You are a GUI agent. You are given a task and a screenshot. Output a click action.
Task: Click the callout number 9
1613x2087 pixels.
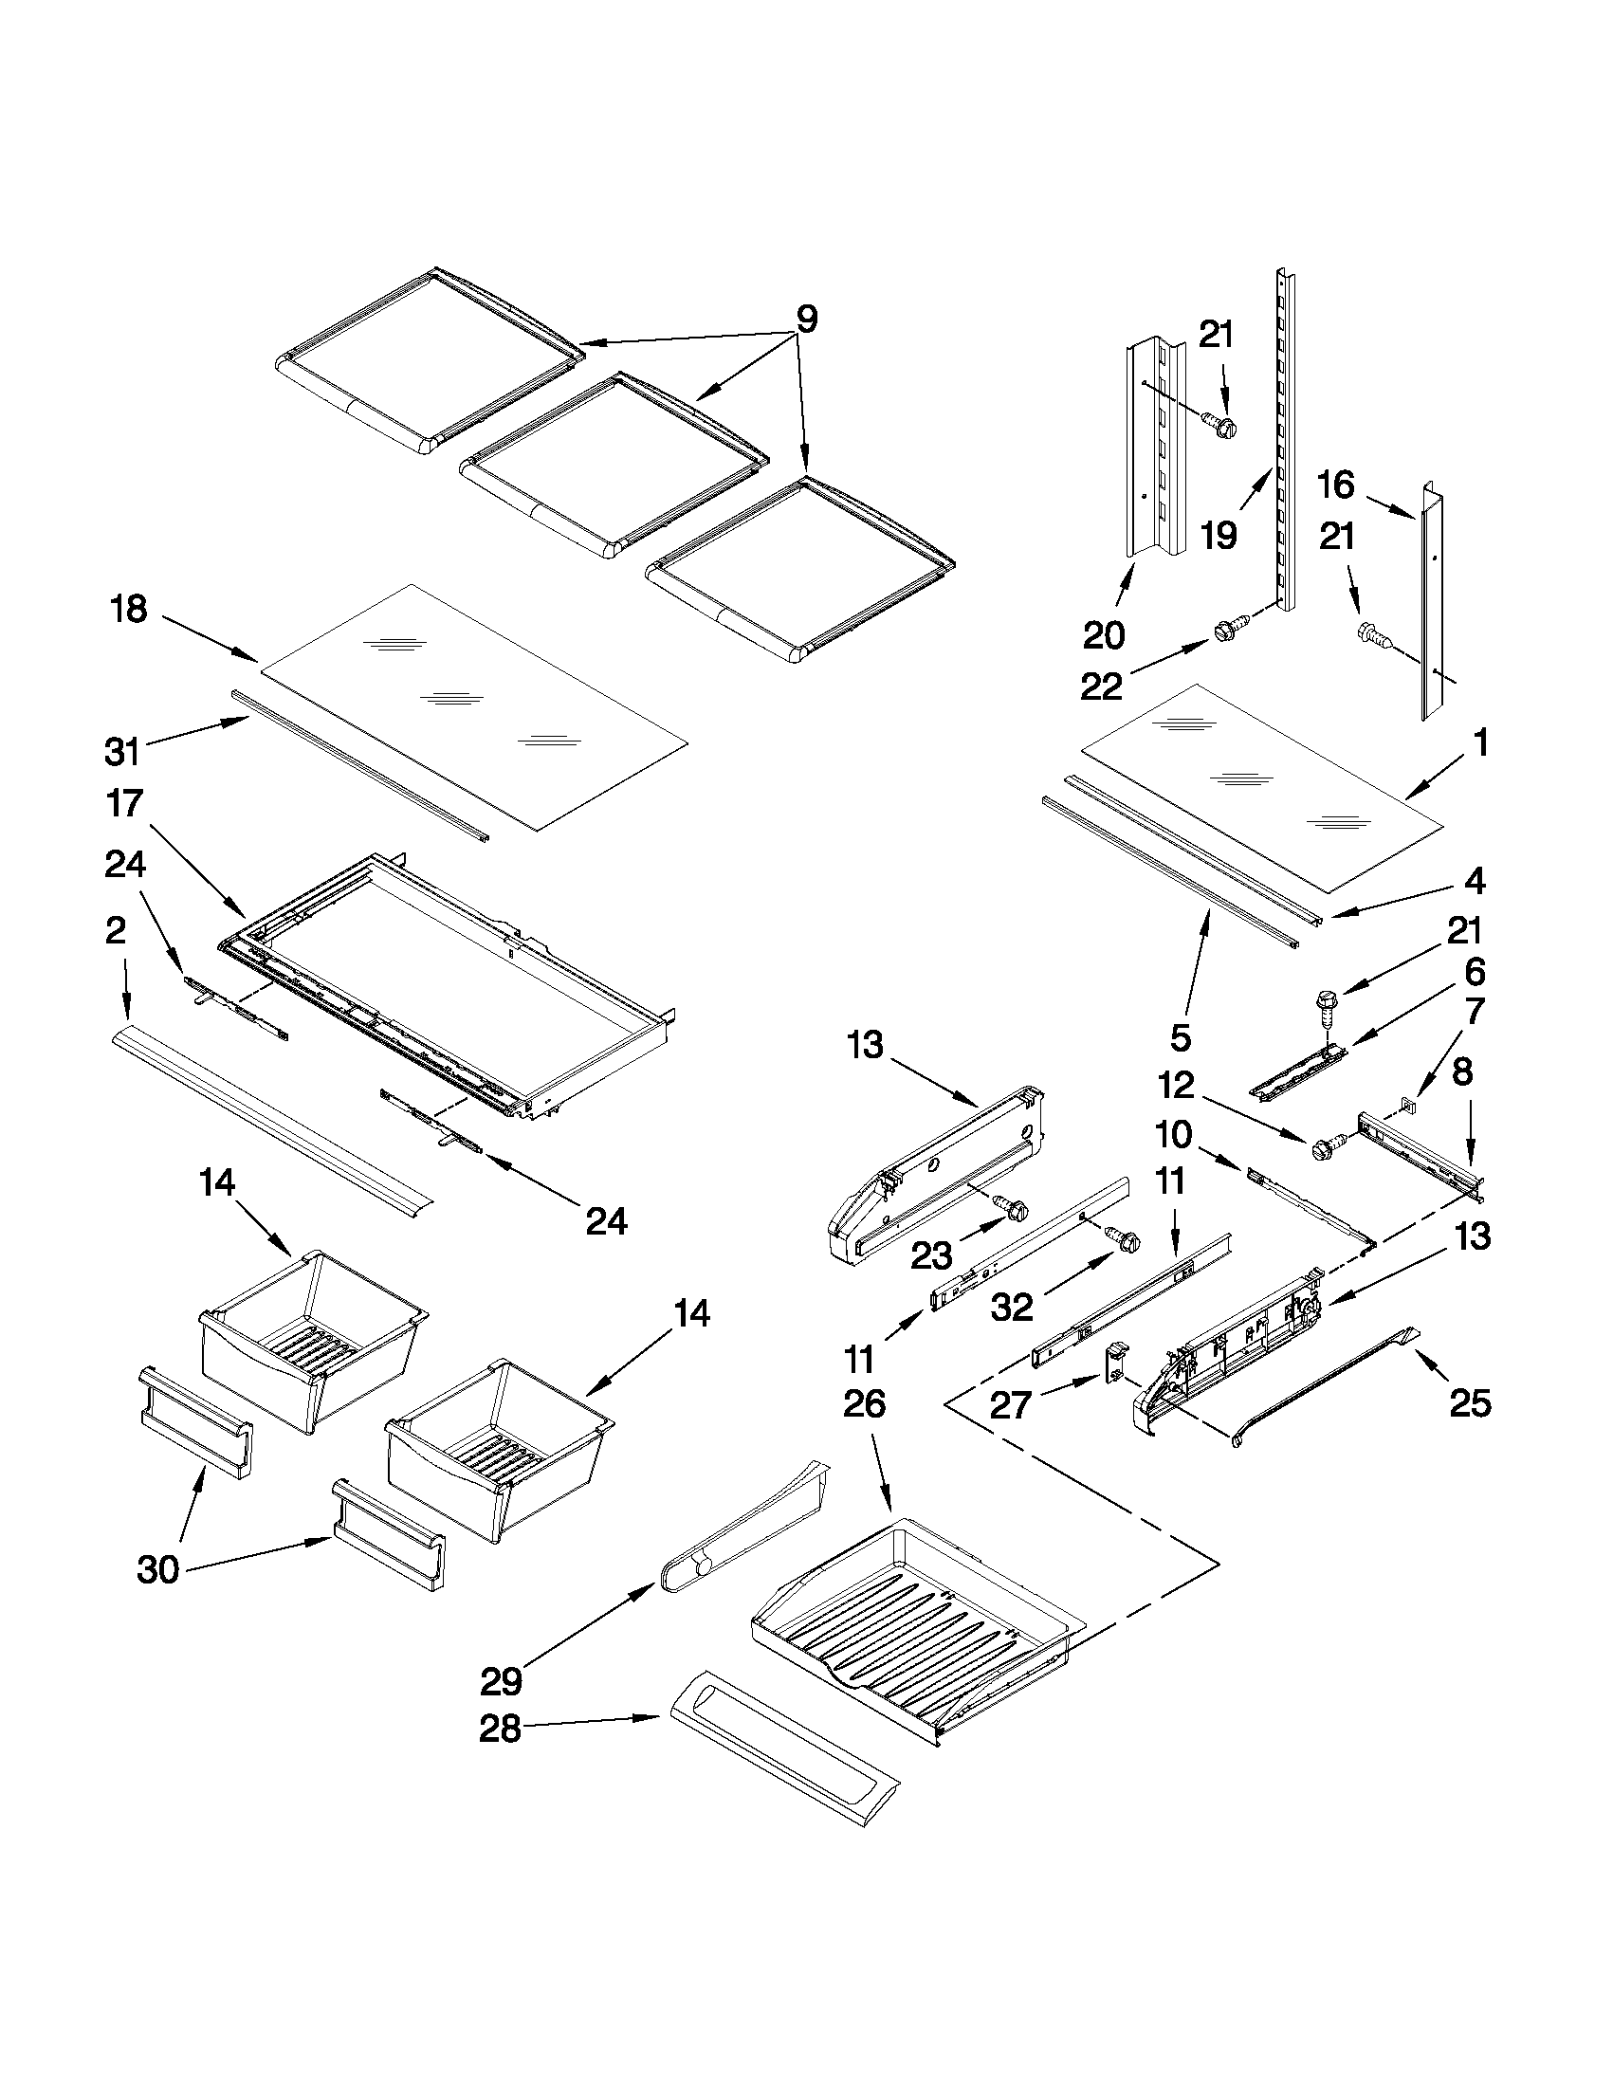pyautogui.click(x=806, y=320)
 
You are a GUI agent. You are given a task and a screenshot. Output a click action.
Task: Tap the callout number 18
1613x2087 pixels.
pyautogui.click(x=129, y=608)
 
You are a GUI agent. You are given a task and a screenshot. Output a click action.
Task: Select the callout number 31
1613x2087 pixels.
pyautogui.click(x=123, y=751)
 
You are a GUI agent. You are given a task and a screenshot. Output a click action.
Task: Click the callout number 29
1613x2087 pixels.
pyautogui.click(x=502, y=1679)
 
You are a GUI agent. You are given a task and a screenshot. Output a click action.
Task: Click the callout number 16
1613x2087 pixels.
pyautogui.click(x=1336, y=485)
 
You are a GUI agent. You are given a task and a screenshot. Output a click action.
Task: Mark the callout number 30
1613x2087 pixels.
pyautogui.click(x=158, y=1569)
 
